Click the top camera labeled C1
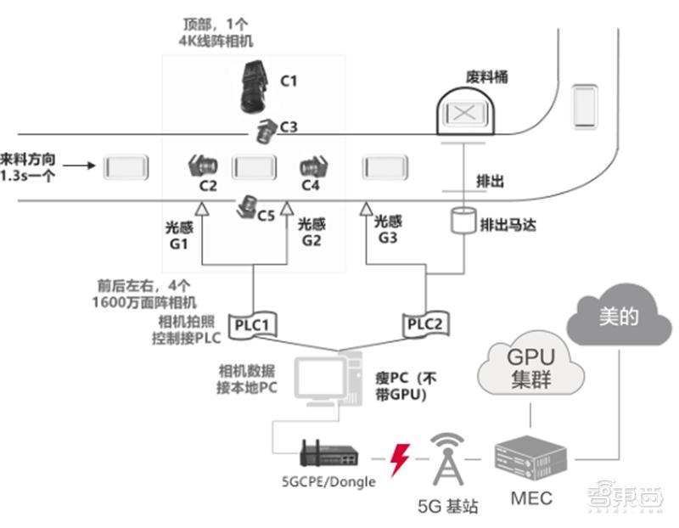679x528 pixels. (255, 86)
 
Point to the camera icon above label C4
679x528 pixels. (313, 165)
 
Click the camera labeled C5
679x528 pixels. (249, 206)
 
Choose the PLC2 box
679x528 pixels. (424, 323)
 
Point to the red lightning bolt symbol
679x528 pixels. (397, 458)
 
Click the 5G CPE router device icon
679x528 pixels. (329, 454)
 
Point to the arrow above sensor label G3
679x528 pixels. (367, 208)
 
